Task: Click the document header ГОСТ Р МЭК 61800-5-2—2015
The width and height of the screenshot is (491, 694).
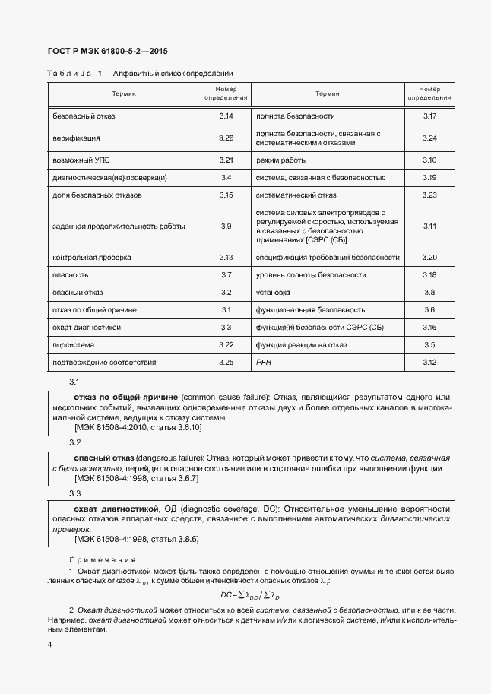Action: coord(107,52)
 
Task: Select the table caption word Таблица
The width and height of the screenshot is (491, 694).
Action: coord(68,74)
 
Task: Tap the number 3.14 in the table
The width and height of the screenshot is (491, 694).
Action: coord(226,116)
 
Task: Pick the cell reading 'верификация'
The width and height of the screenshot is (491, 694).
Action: coord(76,138)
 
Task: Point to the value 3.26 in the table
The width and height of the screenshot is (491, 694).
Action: coord(226,138)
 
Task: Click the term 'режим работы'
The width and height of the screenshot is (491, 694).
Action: coord(282,160)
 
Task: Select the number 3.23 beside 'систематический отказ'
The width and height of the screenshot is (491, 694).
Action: coord(429,195)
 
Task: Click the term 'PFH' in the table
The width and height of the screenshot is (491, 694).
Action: coord(264,362)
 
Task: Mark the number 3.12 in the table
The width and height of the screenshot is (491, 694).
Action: coord(429,362)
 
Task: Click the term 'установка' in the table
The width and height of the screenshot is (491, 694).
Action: coord(273,292)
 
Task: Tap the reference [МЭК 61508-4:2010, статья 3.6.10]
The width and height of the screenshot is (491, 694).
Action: coord(138,428)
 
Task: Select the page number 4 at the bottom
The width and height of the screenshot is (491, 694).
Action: coord(49,645)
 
